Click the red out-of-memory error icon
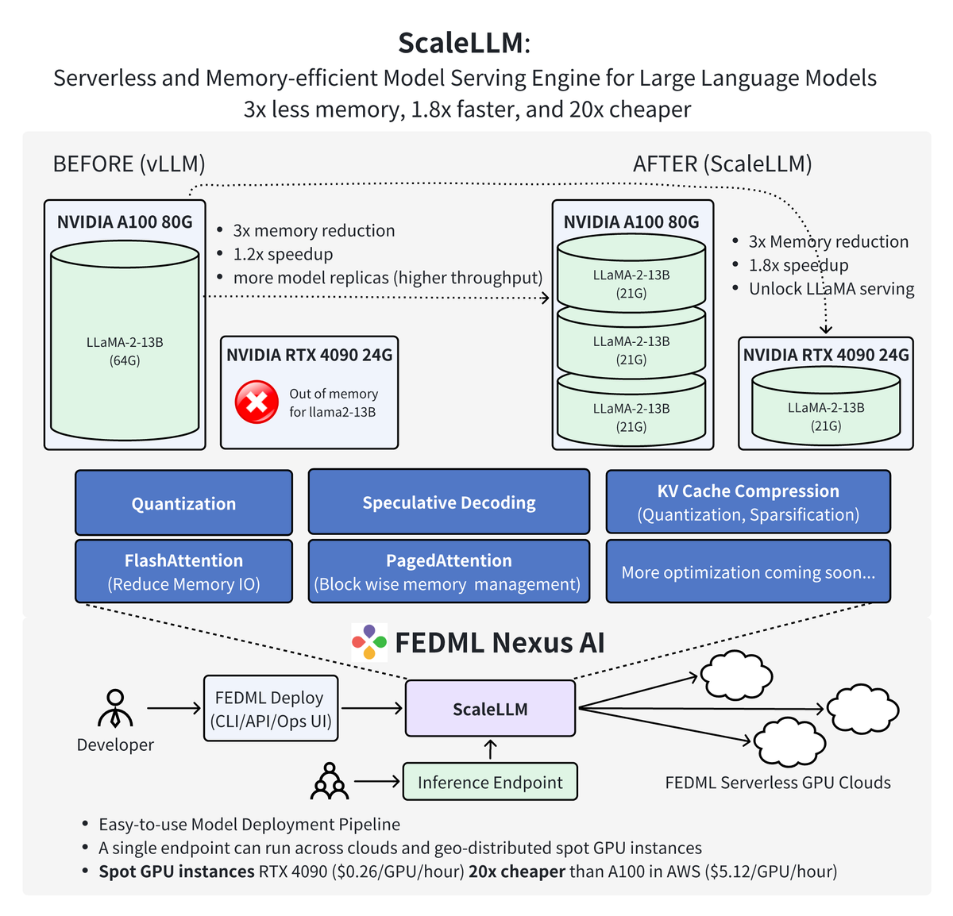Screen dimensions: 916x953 tap(257, 402)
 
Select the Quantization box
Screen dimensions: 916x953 tap(183, 503)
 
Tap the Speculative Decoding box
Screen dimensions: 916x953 tap(449, 502)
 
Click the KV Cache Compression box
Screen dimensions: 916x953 tap(748, 502)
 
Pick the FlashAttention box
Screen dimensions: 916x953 tap(183, 572)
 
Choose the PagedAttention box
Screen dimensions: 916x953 tap(449, 572)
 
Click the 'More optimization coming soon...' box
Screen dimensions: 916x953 tap(748, 572)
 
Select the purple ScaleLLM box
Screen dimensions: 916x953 tap(490, 709)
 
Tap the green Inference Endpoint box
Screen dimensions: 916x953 tap(490, 782)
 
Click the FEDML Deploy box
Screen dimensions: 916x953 tap(270, 709)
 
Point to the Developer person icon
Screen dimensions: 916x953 tap(115, 708)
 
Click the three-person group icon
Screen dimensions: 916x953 tap(329, 782)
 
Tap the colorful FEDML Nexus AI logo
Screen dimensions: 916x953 tap(369, 642)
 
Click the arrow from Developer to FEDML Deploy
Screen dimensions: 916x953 tap(174, 708)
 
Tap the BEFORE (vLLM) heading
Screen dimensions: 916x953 tap(129, 164)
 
